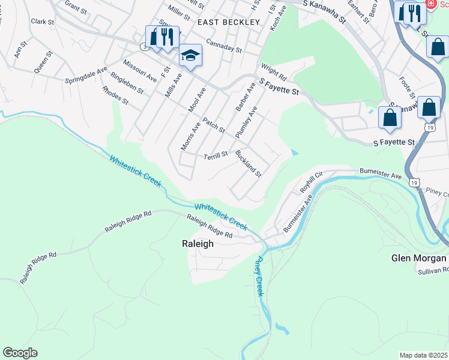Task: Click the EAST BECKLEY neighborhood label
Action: point(229,22)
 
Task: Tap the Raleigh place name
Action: point(197,244)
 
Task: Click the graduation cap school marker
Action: point(191,56)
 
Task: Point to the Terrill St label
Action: point(216,155)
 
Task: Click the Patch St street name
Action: point(213,125)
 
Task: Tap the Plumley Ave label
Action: point(247,122)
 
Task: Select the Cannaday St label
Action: point(223,46)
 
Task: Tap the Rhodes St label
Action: point(115,95)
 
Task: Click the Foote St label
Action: point(408,88)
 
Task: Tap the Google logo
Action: point(20,353)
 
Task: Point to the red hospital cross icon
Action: point(430,4)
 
